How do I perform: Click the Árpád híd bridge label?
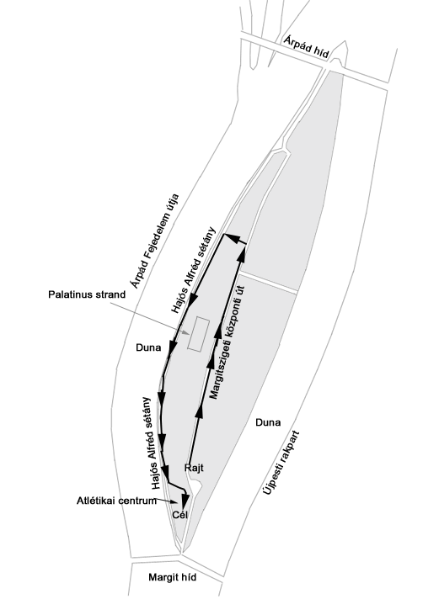pos(306,47)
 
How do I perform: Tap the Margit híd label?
pos(172,577)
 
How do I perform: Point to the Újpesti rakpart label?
pos(281,464)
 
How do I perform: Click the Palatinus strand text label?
pos(87,294)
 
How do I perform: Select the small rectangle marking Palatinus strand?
pos(198,334)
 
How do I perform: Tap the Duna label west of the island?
pos(148,347)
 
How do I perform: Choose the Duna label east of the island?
pos(268,422)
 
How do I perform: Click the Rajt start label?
pos(194,468)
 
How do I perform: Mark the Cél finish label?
pos(179,515)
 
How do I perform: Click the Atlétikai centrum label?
pos(116,501)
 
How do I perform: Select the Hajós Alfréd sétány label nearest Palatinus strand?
pos(194,270)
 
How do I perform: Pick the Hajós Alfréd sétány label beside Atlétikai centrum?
pos(152,443)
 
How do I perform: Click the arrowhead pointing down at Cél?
pos(185,501)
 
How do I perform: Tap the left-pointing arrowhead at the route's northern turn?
pos(230,238)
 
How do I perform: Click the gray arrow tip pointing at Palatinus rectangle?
pos(186,332)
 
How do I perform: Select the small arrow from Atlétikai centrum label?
pos(168,501)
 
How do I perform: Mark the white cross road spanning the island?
pos(268,283)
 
